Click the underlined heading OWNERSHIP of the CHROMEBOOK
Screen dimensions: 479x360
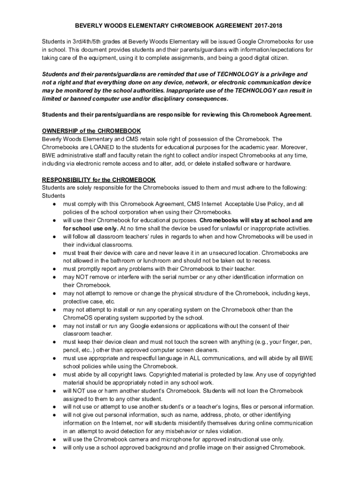click(x=91, y=131)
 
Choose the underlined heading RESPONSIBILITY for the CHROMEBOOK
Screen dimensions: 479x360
click(x=99, y=180)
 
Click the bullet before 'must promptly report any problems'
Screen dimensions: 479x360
click(x=55, y=269)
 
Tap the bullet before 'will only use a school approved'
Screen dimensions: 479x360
click(x=55, y=447)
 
